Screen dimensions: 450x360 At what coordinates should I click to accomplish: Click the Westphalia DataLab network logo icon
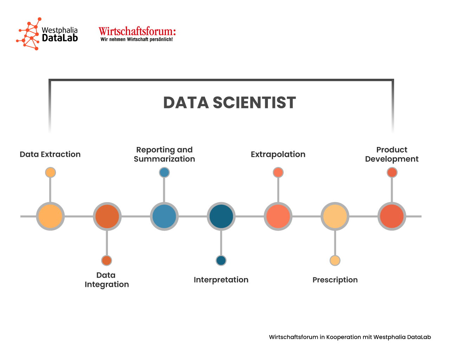tap(28, 34)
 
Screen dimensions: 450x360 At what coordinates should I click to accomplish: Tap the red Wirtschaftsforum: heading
tap(137, 31)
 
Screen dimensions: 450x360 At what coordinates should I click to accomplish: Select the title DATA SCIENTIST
tap(229, 103)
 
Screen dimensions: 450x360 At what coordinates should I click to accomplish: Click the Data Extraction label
tap(50, 154)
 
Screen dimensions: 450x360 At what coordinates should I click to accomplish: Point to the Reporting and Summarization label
tap(165, 154)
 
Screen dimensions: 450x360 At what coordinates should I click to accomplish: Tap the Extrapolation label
tap(278, 154)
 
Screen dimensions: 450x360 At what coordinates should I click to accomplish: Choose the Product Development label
tap(392, 154)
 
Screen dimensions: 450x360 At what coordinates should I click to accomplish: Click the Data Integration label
tap(107, 280)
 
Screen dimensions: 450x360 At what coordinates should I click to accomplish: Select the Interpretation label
tap(221, 280)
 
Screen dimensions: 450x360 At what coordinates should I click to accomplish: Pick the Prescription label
tap(335, 280)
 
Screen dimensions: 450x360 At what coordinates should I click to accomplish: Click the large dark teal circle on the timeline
tap(221, 216)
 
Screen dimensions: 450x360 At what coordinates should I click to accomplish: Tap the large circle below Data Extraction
tap(50, 216)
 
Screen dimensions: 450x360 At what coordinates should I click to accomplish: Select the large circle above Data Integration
tap(107, 216)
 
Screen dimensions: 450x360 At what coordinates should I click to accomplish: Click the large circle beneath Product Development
tap(392, 216)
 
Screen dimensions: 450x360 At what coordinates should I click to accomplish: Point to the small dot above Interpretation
tap(221, 261)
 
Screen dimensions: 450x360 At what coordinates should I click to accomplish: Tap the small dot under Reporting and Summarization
tap(165, 173)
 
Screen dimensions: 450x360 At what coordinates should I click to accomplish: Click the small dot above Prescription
tap(335, 261)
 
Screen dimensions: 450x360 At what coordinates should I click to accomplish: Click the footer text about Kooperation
tap(350, 337)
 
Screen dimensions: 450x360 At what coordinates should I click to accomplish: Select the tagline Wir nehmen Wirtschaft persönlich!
tap(136, 39)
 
